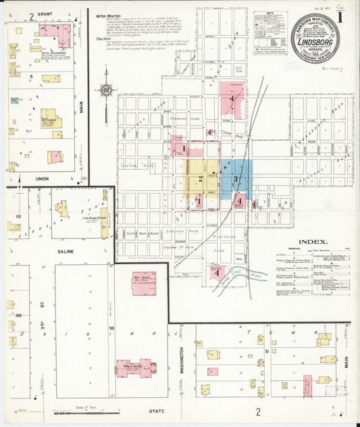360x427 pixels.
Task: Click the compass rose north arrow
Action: pyautogui.click(x=106, y=90)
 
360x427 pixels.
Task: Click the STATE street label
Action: pyautogui.click(x=156, y=410)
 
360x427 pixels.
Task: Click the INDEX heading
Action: pyautogui.click(x=313, y=241)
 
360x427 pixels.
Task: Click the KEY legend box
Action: pyautogui.click(x=270, y=32)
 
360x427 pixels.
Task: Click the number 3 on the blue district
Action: pyautogui.click(x=236, y=178)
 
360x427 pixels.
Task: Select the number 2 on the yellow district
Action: pyautogui.click(x=201, y=179)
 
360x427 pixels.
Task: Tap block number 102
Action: pyautogui.click(x=18, y=315)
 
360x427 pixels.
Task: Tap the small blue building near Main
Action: pyautogui.click(x=14, y=100)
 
